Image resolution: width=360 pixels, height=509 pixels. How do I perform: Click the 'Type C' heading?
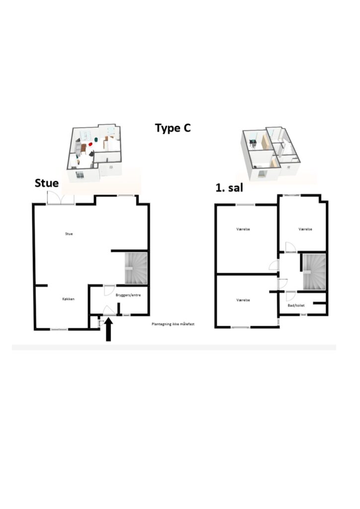coord(173,128)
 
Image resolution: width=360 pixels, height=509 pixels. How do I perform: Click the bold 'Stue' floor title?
coord(47,183)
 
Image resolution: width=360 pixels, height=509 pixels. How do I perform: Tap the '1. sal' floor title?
coord(229,187)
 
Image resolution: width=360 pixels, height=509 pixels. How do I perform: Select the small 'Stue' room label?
coord(69,234)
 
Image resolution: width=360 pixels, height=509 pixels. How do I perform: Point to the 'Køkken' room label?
coord(69,299)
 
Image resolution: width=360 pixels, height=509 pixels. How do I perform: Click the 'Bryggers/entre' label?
coord(128,295)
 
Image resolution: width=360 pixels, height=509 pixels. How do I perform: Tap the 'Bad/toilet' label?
coord(296,306)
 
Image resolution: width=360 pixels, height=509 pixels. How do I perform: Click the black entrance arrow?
coord(108,329)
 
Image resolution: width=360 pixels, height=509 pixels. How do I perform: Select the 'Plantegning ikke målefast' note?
coord(173,324)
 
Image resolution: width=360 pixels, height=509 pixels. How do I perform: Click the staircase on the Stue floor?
coord(136,268)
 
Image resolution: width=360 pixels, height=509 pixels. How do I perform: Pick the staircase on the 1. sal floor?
coord(314,272)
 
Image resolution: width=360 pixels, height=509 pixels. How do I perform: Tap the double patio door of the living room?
coord(61,198)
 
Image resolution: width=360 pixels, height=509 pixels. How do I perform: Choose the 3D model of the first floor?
coord(270,153)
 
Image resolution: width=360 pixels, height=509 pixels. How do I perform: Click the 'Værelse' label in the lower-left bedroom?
coord(243,300)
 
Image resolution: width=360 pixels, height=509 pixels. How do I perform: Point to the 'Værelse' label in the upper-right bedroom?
coord(305,229)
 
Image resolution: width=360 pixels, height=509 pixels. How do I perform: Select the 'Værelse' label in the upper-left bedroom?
coord(243,229)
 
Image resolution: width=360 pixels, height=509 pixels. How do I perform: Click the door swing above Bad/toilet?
coord(290,296)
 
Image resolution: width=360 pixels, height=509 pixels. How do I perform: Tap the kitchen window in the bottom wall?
coord(59,330)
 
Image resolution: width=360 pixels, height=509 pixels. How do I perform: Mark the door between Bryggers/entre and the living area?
coord(109,290)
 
